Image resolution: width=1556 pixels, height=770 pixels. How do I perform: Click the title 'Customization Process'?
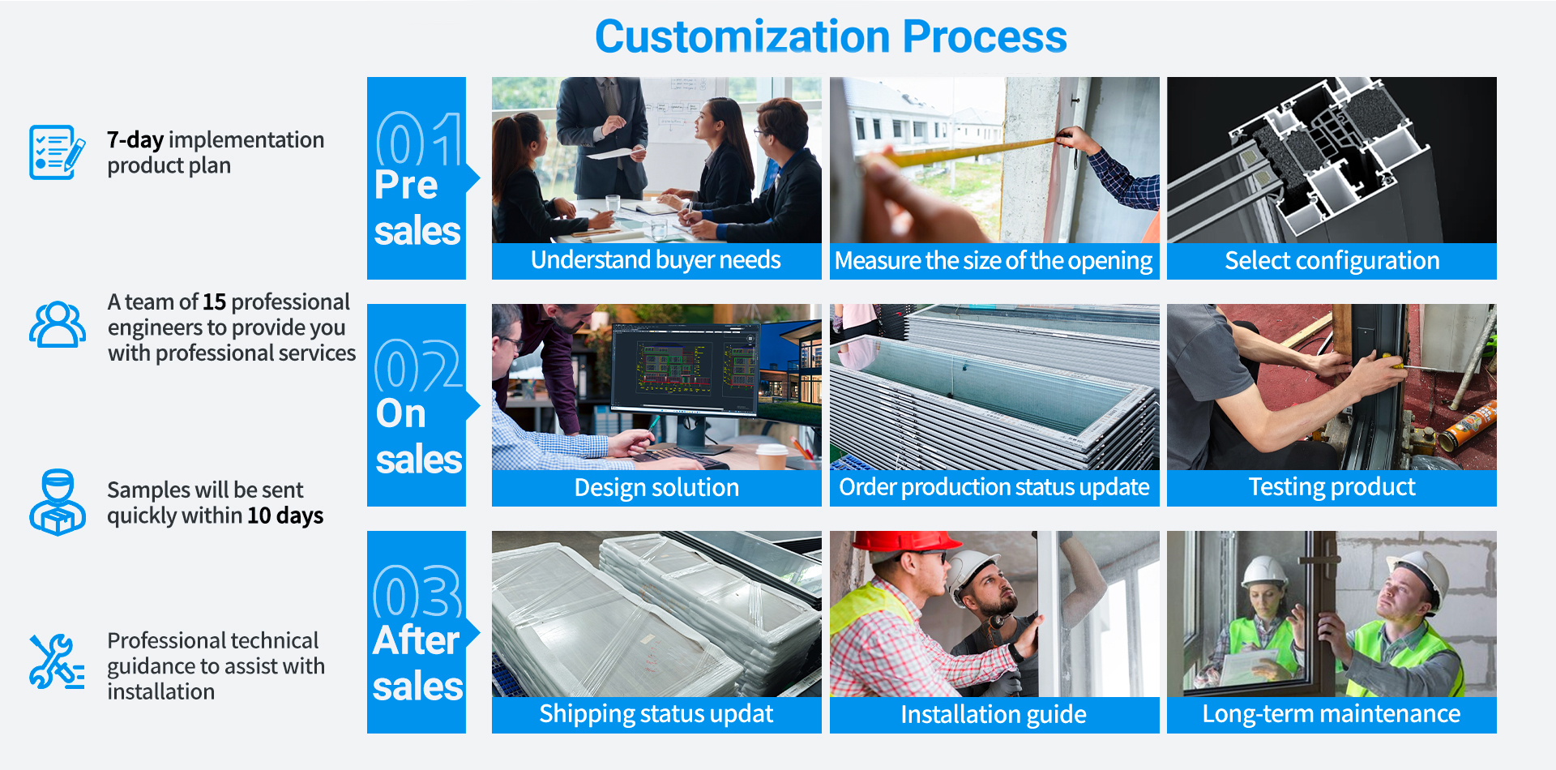pos(831,37)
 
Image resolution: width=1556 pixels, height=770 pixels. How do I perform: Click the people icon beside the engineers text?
pos(58,324)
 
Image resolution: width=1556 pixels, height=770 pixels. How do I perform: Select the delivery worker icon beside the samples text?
pos(58,502)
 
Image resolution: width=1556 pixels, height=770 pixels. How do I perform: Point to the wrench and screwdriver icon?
pos(57,661)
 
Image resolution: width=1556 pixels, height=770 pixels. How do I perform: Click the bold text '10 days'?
pos(285,515)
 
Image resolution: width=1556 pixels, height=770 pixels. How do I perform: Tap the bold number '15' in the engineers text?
pos(214,302)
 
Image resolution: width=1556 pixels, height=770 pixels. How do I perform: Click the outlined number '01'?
pos(419,139)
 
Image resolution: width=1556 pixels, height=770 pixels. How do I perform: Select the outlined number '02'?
pos(418,366)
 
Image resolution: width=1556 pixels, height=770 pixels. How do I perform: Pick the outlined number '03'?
pos(417,592)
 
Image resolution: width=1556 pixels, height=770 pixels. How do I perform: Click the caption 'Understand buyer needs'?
pos(656,260)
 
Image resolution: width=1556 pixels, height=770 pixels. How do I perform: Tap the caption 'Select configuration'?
pos(1332,261)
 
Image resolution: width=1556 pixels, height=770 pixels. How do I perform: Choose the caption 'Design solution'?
pos(656,488)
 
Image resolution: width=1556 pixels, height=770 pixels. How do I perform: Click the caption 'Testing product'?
pos(1332,487)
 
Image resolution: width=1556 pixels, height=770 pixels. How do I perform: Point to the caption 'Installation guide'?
pos(994,715)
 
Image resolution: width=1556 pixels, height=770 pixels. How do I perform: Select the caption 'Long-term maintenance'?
pos(1332,714)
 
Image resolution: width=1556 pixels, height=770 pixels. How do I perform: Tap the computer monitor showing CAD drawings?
pos(686,369)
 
